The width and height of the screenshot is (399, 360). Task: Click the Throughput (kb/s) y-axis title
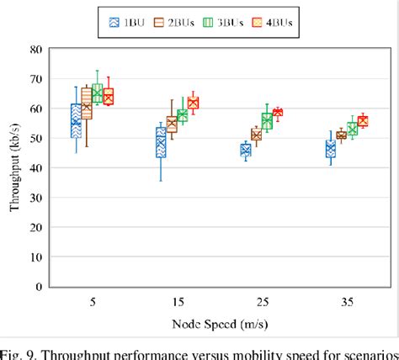click(x=15, y=168)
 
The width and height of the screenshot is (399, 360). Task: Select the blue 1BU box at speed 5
click(x=76, y=120)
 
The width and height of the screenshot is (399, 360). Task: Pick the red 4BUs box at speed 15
click(x=194, y=103)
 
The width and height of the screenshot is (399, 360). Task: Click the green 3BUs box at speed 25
click(x=267, y=121)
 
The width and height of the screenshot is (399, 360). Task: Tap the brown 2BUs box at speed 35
click(x=341, y=135)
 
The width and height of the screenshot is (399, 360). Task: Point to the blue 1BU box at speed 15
click(x=161, y=142)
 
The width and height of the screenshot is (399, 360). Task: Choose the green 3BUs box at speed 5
click(x=97, y=93)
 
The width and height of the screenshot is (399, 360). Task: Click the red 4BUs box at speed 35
click(x=363, y=121)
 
